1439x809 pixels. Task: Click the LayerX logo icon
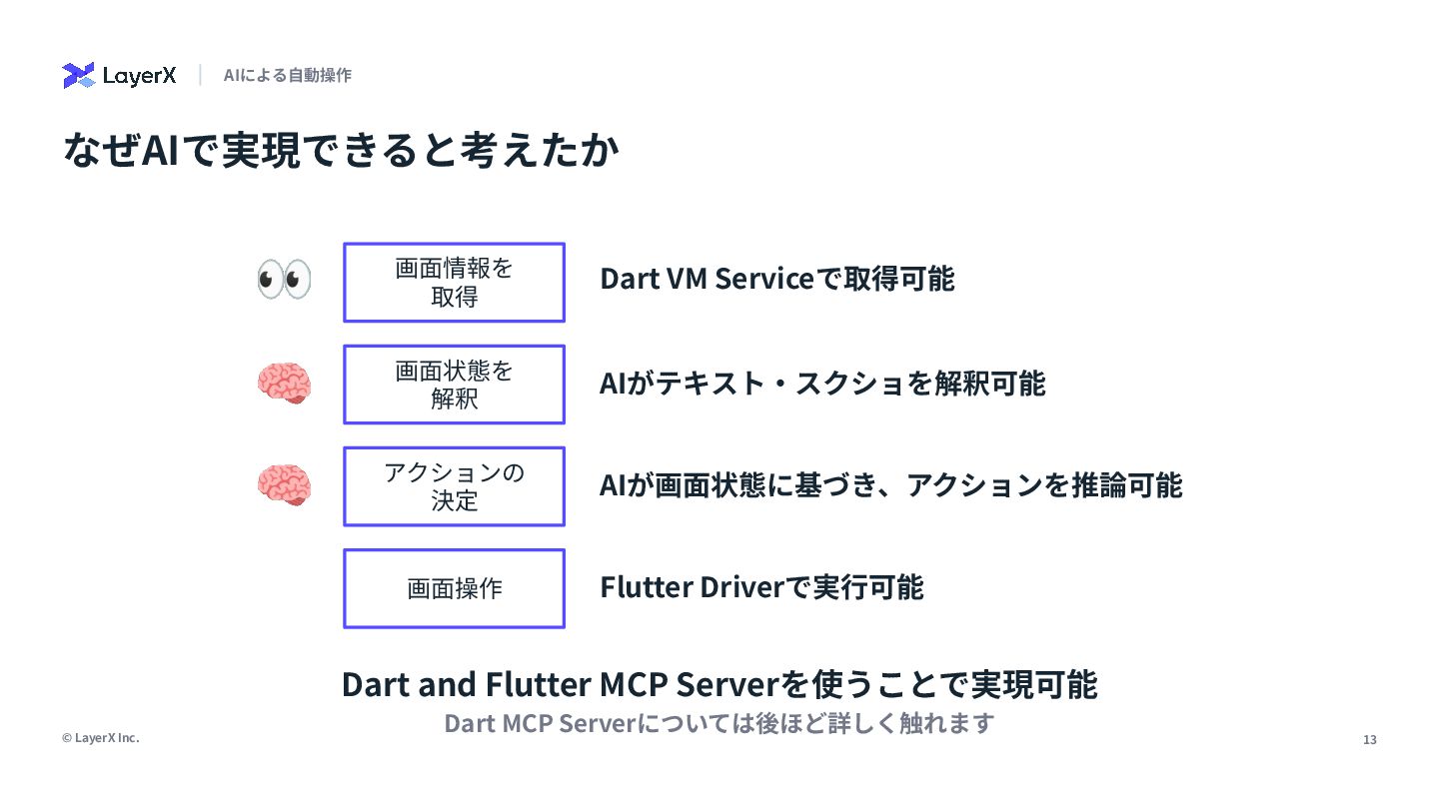[x=78, y=76]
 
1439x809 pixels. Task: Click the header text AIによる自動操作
[x=288, y=76]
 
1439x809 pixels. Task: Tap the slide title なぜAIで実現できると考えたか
[x=341, y=151]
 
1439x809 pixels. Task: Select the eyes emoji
[x=284, y=280]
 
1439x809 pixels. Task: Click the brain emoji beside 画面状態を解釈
[x=284, y=383]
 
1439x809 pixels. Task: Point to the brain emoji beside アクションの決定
[x=284, y=484]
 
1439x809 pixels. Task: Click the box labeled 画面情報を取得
[x=454, y=283]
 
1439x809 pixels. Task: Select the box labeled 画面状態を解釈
[x=454, y=385]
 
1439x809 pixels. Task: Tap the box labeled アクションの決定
[x=454, y=486]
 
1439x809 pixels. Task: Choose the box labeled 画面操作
[x=454, y=588]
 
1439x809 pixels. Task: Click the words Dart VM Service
[x=707, y=280]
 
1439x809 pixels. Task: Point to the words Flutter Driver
[x=689, y=587]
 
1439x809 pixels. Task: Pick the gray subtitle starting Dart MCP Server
[x=719, y=723]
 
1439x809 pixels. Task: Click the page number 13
[x=1369, y=740]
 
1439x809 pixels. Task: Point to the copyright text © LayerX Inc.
[x=100, y=738]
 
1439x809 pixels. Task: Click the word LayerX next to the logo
[x=139, y=76]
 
